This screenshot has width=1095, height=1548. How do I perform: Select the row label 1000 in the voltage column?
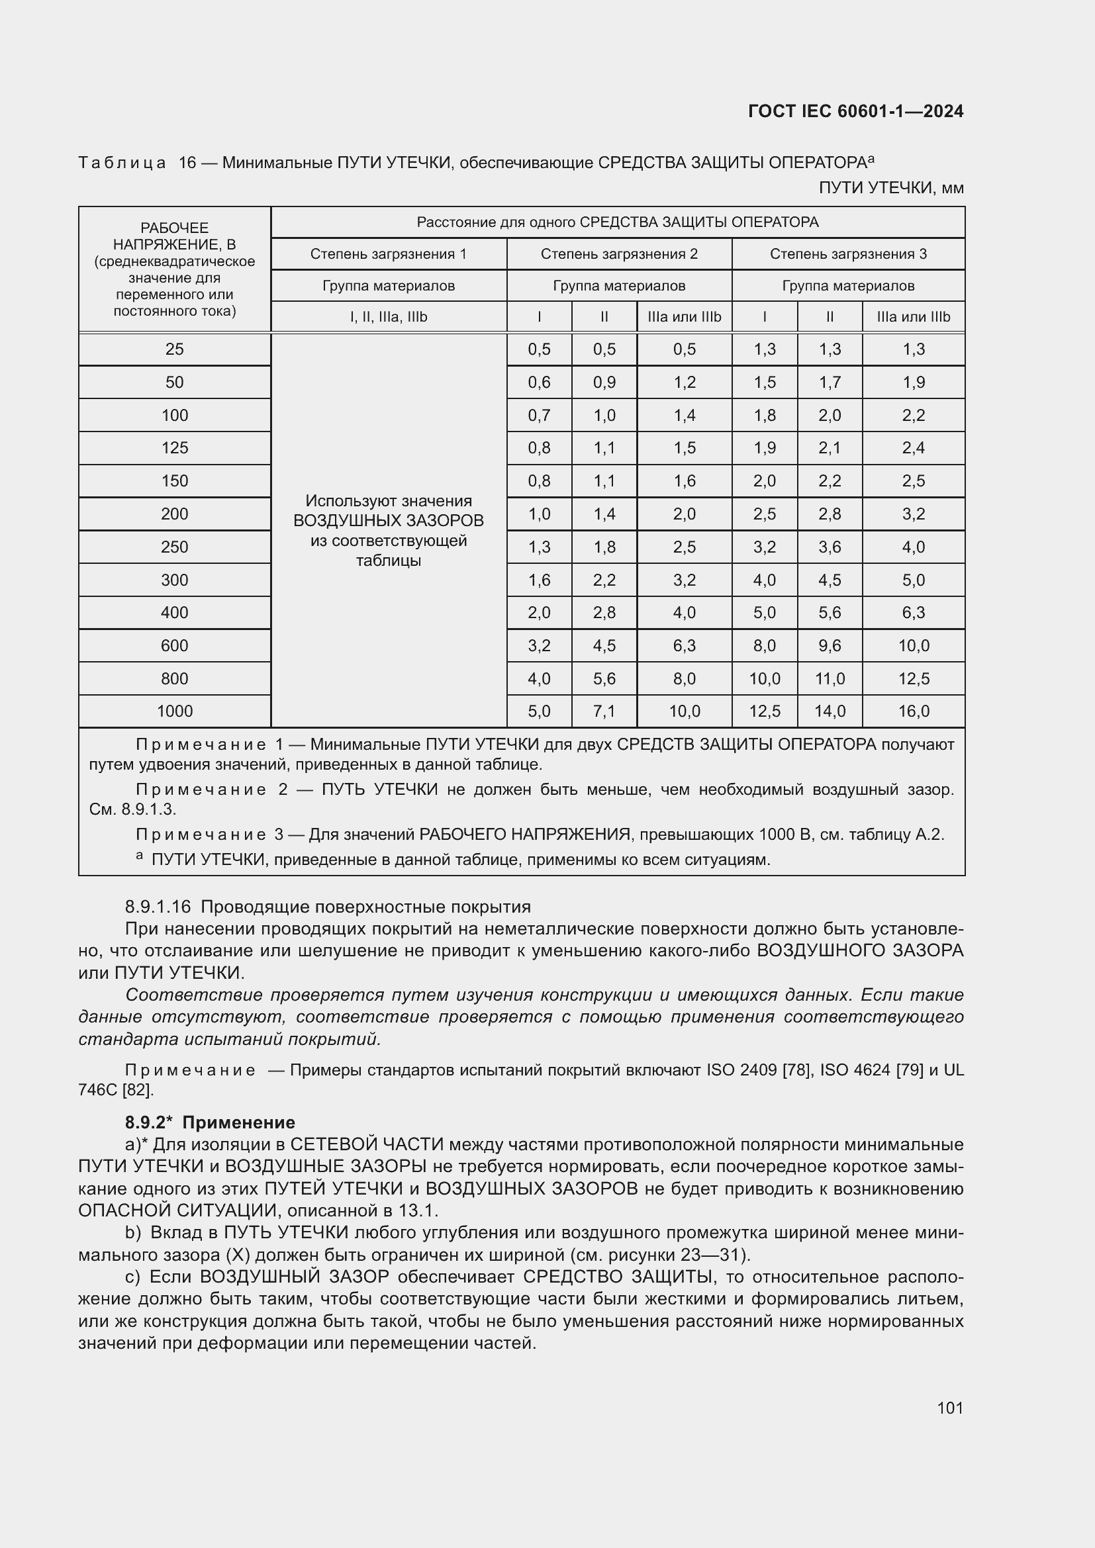[175, 711]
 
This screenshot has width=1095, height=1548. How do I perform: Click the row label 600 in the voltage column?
[175, 646]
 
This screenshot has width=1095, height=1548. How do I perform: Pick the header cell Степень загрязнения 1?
[389, 254]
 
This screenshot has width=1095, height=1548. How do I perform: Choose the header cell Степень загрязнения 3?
[847, 254]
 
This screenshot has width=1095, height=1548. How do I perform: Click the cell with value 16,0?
[913, 711]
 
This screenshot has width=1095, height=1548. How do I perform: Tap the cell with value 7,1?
[604, 711]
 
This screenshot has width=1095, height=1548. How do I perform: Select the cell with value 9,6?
[830, 646]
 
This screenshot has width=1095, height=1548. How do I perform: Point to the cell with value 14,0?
[830, 711]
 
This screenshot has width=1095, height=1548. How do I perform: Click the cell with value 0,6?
[539, 383]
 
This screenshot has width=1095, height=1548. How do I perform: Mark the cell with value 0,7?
[539, 416]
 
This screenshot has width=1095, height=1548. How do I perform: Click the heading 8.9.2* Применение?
[210, 1122]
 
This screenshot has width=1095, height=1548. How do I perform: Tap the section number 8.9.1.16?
[158, 907]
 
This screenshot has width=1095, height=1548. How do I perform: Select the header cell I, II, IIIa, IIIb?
[389, 317]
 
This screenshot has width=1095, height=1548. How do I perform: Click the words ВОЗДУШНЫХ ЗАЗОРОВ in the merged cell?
[389, 520]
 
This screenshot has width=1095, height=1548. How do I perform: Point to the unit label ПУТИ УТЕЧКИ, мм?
[890, 188]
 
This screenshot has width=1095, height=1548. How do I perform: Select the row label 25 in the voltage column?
[175, 349]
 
